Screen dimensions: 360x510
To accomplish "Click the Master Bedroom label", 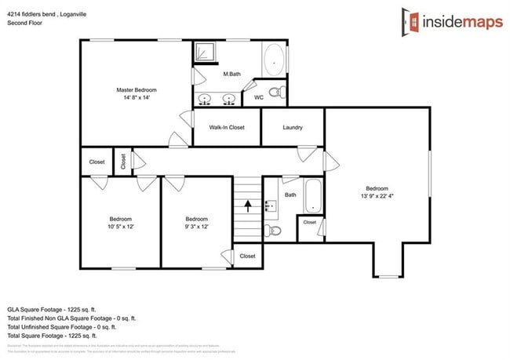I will tap(137, 89).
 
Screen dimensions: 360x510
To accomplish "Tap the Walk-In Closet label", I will tap(227, 127).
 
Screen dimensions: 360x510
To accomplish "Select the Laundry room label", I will tap(293, 127).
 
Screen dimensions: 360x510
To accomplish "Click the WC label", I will tap(258, 97).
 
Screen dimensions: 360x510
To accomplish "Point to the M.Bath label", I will tap(231, 75).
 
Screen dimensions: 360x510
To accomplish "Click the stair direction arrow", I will tap(248, 206).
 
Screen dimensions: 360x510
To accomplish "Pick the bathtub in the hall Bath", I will tap(312, 195).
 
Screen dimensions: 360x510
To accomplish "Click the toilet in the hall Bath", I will tap(271, 231).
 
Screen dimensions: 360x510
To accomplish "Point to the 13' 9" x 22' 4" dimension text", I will tap(377, 196).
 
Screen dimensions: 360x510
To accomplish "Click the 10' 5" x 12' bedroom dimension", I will tap(120, 227).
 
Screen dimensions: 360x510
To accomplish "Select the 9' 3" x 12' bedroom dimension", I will tap(196, 227).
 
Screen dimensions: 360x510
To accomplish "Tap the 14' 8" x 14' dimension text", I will tap(137, 98).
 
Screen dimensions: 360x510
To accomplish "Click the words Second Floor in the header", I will tap(24, 24).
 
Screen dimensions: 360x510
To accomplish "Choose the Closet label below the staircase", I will tap(247, 256).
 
